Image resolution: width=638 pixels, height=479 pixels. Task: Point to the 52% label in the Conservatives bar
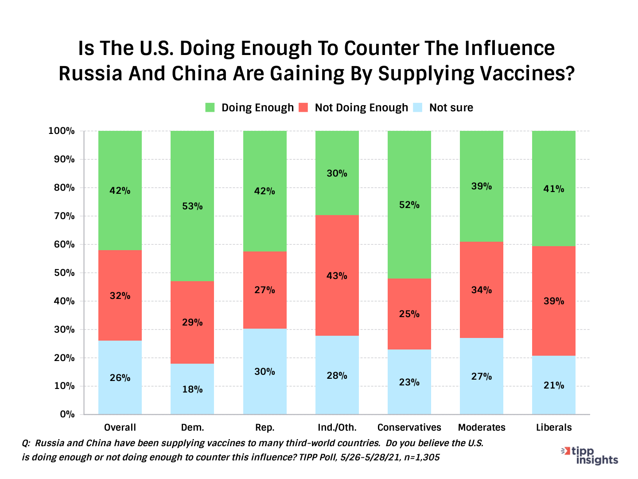pos(409,205)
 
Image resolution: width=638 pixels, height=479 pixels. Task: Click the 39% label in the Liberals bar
pos(554,301)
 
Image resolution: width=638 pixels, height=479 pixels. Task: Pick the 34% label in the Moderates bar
pos(481,290)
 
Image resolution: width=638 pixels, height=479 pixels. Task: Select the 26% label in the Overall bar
pos(120,378)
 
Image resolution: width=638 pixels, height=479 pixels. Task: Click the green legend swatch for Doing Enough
pos(210,108)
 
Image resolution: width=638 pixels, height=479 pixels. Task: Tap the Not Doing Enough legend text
pos(361,108)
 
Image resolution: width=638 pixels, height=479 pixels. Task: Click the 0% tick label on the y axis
pos(67,414)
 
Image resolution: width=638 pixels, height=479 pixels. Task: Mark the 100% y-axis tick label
pos(62,131)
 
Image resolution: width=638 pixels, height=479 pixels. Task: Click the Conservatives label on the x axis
pos(409,428)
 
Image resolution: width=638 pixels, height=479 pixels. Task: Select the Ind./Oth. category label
pos(337,428)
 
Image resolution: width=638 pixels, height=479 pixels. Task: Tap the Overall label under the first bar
pos(120,428)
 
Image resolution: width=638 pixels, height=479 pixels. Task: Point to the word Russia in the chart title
pos(90,74)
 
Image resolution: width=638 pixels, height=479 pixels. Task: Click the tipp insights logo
pos(590,455)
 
